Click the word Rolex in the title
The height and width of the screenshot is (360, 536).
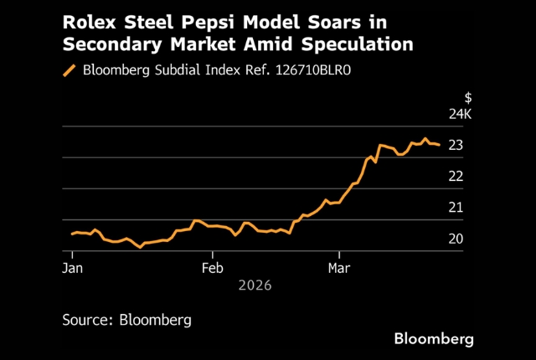click(x=87, y=20)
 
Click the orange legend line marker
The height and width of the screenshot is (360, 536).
click(x=70, y=70)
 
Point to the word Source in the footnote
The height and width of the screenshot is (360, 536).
click(x=88, y=319)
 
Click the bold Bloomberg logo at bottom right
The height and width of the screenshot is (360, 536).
click(x=434, y=338)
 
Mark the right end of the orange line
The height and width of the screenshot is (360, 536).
click(x=439, y=145)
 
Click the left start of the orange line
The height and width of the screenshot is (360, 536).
click(x=72, y=234)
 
